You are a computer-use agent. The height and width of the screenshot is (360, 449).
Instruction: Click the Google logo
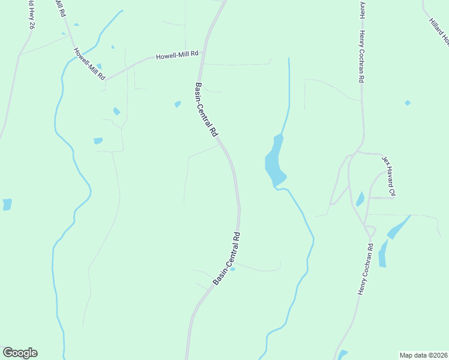coord(20,353)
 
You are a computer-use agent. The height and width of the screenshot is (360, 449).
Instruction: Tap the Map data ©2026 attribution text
coord(423,355)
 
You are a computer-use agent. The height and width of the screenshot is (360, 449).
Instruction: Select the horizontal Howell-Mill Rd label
coord(177,55)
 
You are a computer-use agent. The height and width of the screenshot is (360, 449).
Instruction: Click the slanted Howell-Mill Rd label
coord(89,64)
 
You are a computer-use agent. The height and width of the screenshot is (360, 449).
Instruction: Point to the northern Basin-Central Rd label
coord(206,110)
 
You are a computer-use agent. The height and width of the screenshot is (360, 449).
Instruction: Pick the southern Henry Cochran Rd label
coord(366,268)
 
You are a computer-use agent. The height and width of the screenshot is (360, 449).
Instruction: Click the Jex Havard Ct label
coord(390,176)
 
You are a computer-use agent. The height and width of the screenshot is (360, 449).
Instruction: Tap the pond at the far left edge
coord(7,205)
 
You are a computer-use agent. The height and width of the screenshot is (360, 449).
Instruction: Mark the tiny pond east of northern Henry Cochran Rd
coord(408,103)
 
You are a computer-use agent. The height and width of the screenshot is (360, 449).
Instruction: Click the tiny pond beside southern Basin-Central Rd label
coord(233,269)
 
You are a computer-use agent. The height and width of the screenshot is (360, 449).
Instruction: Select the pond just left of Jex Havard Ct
coord(360,199)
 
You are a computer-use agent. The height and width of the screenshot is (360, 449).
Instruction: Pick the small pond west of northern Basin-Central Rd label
coord(178,104)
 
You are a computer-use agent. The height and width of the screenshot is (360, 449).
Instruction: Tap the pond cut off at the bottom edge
coord(343,355)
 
